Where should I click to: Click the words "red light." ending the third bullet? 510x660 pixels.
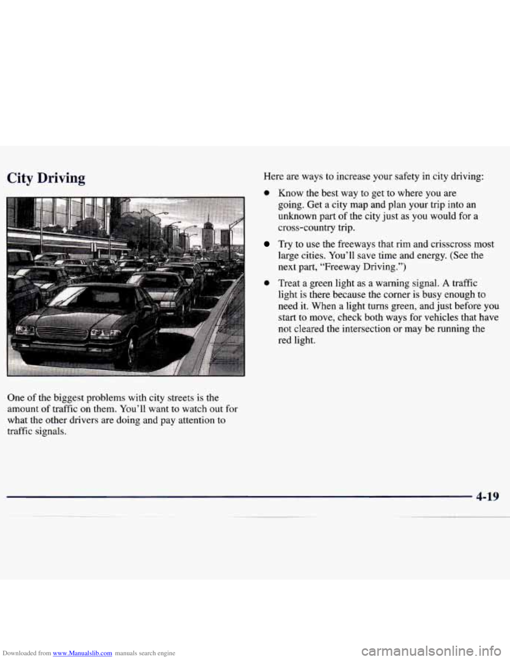point(296,341)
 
